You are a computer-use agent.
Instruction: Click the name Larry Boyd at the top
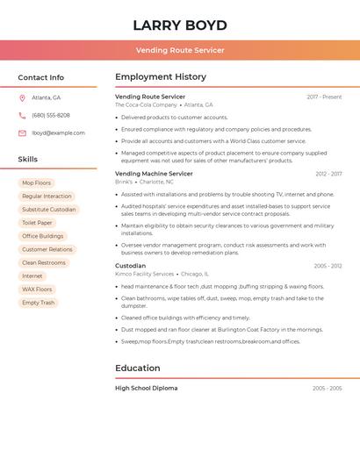point(180,25)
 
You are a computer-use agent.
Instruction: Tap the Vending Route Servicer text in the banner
point(180,50)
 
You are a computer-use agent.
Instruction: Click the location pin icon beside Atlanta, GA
point(22,98)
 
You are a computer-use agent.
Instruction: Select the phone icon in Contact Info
point(22,116)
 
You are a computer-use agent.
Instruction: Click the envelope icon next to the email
point(22,133)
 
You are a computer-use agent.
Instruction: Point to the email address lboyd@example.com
point(58,133)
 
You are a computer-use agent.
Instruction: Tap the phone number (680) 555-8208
point(51,116)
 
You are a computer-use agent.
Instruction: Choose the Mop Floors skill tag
point(37,183)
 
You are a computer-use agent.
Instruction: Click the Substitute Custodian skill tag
point(49,210)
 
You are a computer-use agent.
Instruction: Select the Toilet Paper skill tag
point(37,223)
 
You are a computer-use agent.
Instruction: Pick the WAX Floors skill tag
point(37,290)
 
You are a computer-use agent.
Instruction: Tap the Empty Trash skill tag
point(38,303)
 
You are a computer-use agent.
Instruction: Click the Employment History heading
point(161,77)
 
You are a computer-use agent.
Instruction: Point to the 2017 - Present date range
point(324,97)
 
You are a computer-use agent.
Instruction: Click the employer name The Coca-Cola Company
point(146,104)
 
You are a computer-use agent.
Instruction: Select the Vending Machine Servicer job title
point(154,174)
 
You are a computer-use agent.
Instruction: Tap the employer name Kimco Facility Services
point(145,274)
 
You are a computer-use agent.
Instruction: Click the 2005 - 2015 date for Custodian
point(328,266)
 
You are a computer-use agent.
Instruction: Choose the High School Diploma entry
point(146,388)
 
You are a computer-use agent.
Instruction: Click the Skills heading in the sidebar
point(28,160)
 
